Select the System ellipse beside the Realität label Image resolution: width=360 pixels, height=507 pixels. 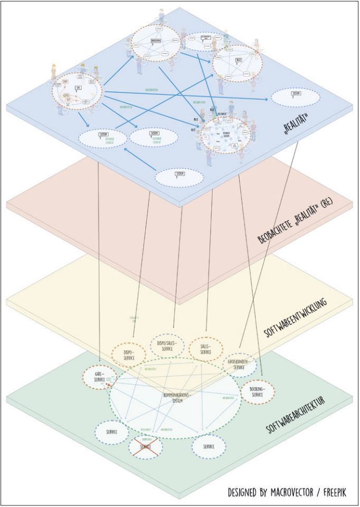tap(296, 98)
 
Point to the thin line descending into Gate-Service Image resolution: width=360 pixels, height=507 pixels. tap(99, 264)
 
